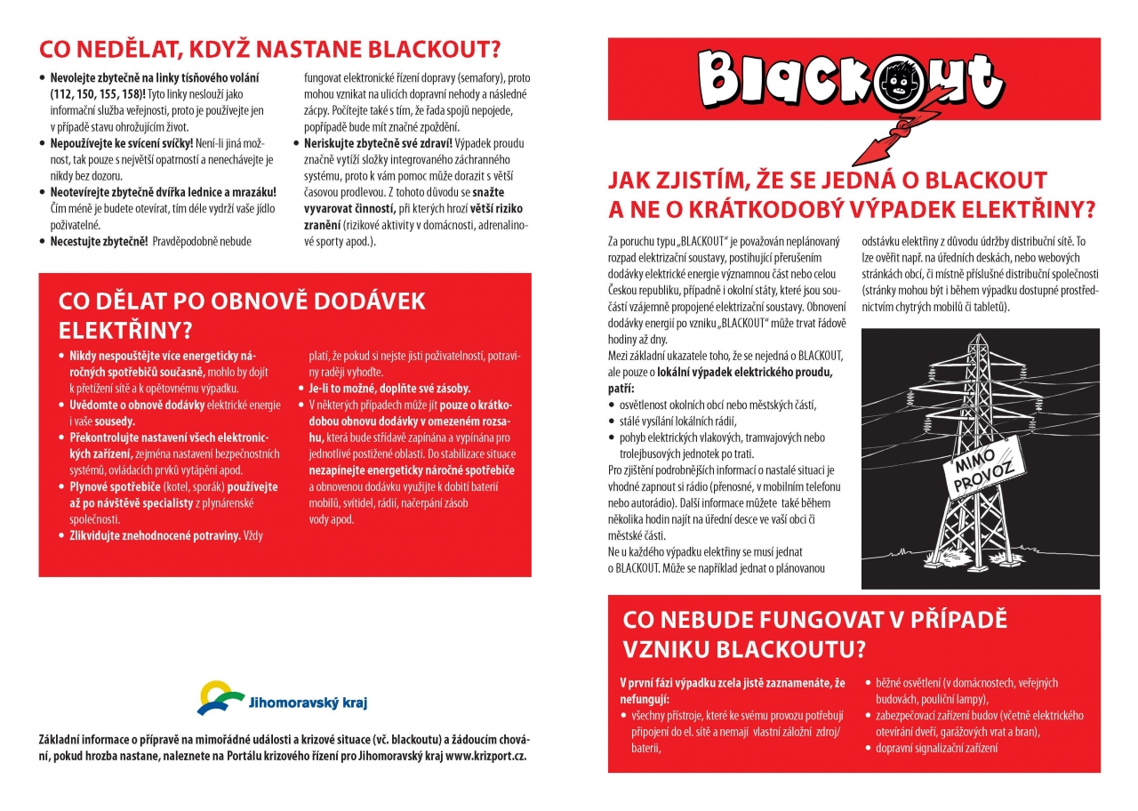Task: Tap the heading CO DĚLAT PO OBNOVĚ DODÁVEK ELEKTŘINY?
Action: (x=242, y=315)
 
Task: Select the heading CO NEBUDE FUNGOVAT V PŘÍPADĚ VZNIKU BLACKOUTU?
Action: (x=814, y=633)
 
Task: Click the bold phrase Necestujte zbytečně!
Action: (x=99, y=241)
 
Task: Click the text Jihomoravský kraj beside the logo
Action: (x=309, y=703)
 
